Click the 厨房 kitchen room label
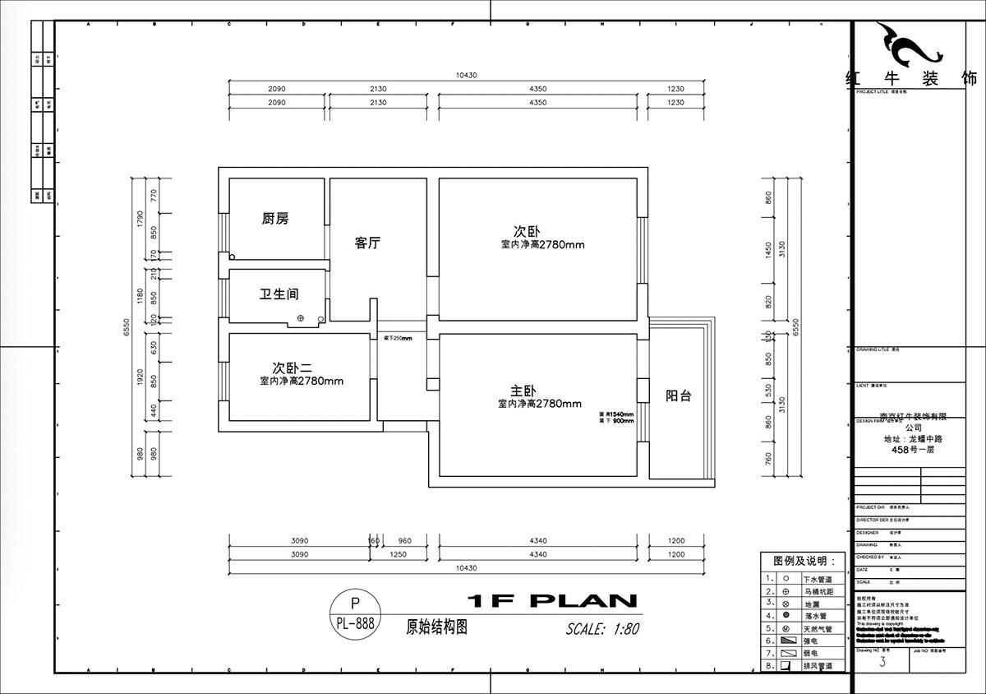275,219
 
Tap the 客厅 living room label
366,243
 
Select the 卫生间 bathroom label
279,294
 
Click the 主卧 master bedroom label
523,390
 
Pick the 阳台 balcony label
678,396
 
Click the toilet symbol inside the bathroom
301,317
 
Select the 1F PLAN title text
551,600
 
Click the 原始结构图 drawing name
437,626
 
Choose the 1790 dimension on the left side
141,219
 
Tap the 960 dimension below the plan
404,541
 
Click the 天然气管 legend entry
818,628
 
